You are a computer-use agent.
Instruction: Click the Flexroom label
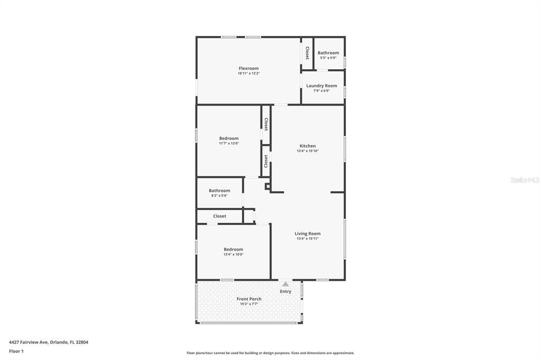pyautogui.click(x=248, y=68)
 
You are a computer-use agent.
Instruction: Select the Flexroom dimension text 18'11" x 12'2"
pyautogui.click(x=248, y=73)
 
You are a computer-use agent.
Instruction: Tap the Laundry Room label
pyautogui.click(x=321, y=86)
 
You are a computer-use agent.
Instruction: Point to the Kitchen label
pyautogui.click(x=307, y=146)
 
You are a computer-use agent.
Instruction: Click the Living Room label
pyautogui.click(x=307, y=233)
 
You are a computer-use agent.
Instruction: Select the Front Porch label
pyautogui.click(x=249, y=299)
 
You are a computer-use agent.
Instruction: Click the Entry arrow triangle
pyautogui.click(x=285, y=284)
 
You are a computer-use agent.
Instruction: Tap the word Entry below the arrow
pyautogui.click(x=285, y=291)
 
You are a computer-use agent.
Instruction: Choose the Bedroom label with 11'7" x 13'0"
pyautogui.click(x=229, y=138)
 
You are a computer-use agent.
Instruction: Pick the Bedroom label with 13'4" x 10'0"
pyautogui.click(x=233, y=249)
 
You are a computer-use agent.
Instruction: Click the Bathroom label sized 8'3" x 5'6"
pyautogui.click(x=219, y=191)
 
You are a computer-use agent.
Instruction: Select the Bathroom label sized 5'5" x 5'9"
pyautogui.click(x=328, y=53)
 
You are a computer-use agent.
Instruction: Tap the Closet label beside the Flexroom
pyautogui.click(x=307, y=53)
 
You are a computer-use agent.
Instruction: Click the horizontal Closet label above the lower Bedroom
pyautogui.click(x=219, y=216)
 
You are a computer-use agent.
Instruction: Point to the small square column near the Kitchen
pyautogui.click(x=268, y=186)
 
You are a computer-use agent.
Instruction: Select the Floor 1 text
pyautogui.click(x=16, y=351)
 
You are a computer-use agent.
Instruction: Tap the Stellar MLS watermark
pyautogui.click(x=525, y=180)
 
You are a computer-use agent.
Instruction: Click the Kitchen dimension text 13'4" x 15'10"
pyautogui.click(x=307, y=151)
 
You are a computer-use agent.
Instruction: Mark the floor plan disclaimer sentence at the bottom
pyautogui.click(x=270, y=353)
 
